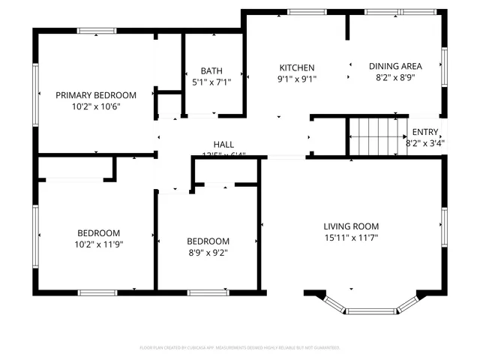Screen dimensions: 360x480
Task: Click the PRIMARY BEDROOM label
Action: click(96, 95)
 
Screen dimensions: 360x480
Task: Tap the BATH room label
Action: click(211, 71)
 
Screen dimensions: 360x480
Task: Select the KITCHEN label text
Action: click(297, 67)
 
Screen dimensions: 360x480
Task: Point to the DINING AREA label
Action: click(395, 66)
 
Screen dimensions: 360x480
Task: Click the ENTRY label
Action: click(425, 132)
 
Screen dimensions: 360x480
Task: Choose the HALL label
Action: click(223, 145)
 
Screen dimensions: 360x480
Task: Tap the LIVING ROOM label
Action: click(351, 226)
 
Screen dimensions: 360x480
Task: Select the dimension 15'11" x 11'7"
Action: click(351, 238)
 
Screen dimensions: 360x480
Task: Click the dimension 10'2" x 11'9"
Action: click(99, 244)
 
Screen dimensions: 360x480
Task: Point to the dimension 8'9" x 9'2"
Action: click(208, 253)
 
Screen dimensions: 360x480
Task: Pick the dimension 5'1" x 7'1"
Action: click(211, 82)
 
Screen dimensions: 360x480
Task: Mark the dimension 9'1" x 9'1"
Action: click(297, 79)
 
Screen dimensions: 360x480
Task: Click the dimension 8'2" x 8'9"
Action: click(395, 76)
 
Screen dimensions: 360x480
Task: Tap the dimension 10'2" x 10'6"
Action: click(96, 106)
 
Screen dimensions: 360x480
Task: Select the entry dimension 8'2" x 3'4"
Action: click(425, 142)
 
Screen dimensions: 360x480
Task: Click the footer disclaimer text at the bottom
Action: click(240, 348)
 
